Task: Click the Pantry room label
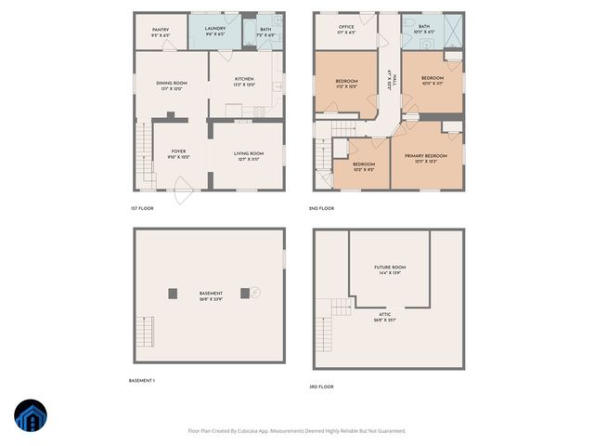161,30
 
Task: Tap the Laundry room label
215,30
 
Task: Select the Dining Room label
172,84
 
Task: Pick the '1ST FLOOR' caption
142,208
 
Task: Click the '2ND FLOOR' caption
321,208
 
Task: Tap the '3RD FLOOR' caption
321,386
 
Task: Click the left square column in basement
173,293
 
